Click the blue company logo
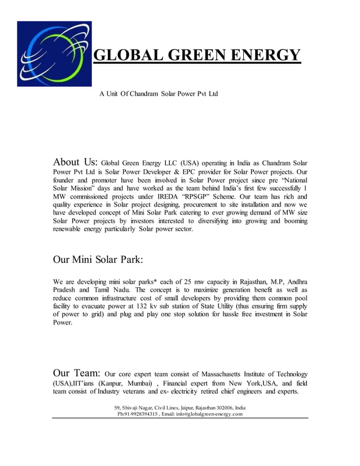click(x=54, y=54)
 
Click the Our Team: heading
click(x=76, y=373)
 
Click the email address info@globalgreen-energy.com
click(x=209, y=414)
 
